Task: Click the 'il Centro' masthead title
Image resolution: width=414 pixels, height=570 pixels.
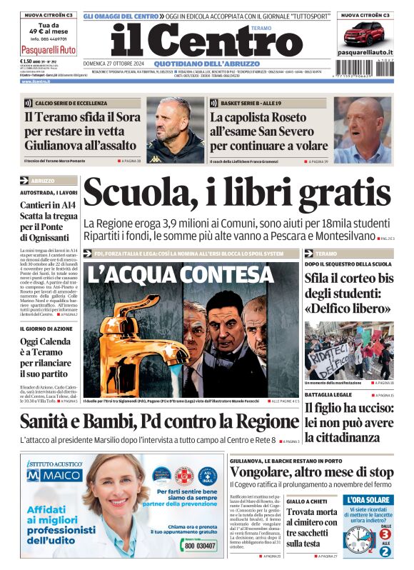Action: pos(197,41)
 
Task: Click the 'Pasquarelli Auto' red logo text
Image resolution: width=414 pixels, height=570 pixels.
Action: pos(48,50)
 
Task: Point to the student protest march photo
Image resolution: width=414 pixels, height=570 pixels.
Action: pos(348,350)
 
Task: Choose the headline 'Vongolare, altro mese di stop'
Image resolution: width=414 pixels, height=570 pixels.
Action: pos(311,473)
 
